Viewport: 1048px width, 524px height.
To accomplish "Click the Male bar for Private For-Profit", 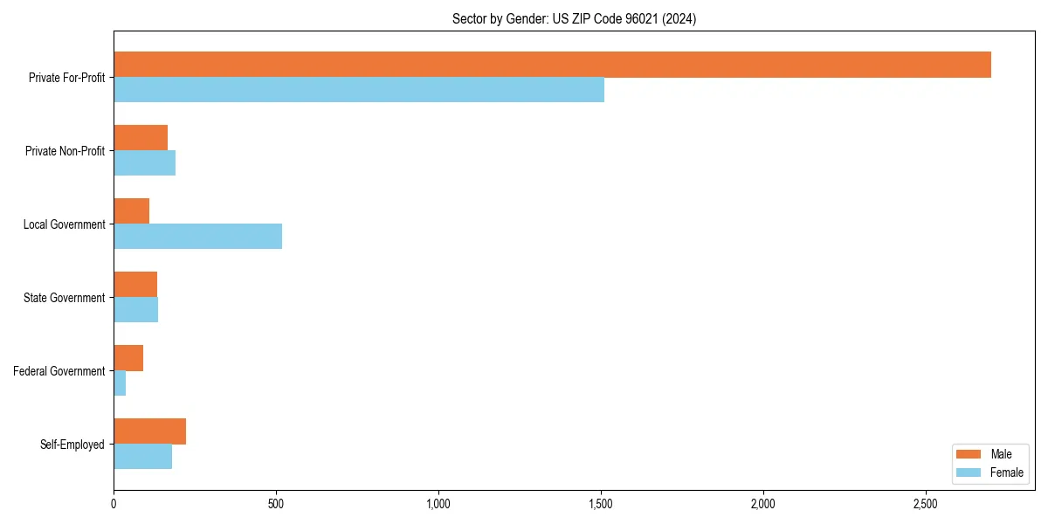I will [552, 65].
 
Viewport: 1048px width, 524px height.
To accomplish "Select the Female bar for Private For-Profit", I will [359, 90].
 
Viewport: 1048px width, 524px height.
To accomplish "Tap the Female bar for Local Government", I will [197, 237].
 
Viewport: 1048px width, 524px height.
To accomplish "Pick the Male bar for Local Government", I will [131, 211].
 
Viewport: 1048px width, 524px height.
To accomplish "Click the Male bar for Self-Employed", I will [149, 431].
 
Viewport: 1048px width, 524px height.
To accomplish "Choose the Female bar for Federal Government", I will [120, 383].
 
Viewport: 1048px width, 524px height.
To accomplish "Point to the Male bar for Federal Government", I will [128, 358].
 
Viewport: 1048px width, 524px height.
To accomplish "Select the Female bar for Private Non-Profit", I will [144, 163].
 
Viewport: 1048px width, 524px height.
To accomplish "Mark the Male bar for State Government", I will [135, 285].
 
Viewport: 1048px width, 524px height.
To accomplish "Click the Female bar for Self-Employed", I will [142, 457].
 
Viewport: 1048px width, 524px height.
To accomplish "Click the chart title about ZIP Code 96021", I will [574, 18].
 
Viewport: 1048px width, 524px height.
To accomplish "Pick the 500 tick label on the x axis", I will [276, 504].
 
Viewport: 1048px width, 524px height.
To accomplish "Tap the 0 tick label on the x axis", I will [114, 504].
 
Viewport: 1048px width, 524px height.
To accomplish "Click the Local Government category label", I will [64, 224].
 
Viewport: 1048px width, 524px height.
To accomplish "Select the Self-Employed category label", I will [72, 445].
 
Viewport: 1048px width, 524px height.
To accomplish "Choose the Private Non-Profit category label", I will [65, 151].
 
